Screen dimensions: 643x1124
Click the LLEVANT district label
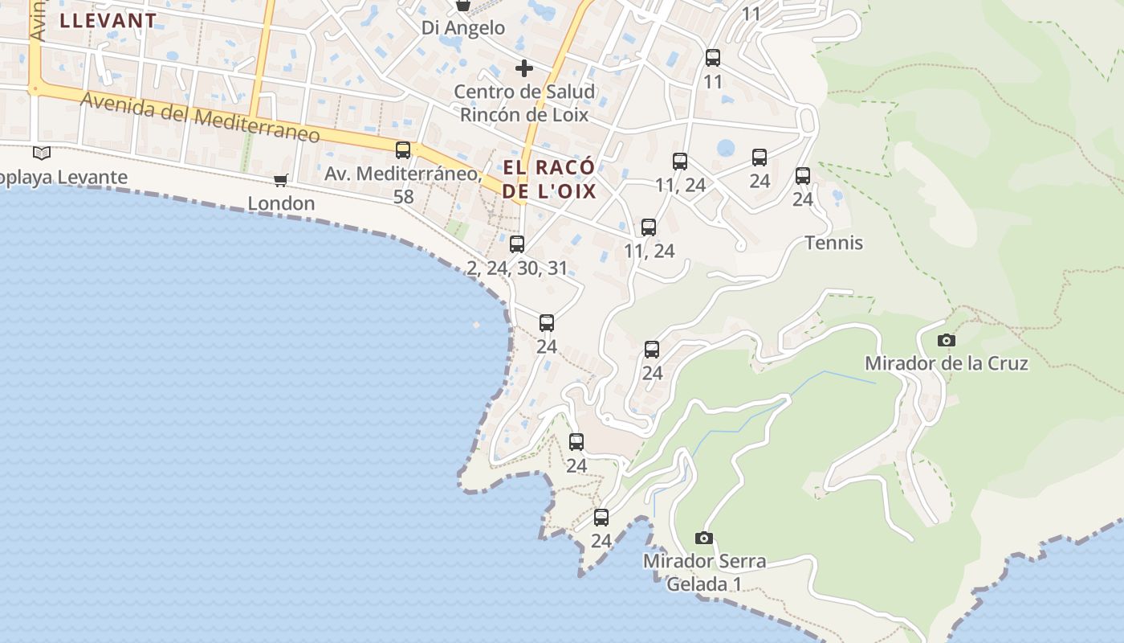(108, 21)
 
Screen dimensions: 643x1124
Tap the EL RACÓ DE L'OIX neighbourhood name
(550, 179)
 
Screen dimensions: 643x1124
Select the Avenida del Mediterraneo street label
(201, 118)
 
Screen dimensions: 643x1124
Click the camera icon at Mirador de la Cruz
(947, 340)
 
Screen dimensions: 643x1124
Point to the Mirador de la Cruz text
(946, 363)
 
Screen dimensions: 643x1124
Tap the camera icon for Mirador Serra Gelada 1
(704, 538)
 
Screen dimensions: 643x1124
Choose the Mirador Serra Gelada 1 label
(704, 572)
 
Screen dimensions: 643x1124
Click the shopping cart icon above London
(280, 180)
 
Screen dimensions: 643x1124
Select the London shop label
(281, 203)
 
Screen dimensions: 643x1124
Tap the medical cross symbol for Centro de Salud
(524, 68)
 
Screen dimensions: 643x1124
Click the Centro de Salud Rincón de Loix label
(524, 103)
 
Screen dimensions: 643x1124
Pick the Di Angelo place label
(463, 28)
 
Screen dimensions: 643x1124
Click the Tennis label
(834, 243)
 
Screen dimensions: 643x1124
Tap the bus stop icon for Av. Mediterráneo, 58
(403, 150)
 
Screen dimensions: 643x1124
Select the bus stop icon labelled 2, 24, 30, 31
(517, 244)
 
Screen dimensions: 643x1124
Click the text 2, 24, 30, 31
(517, 268)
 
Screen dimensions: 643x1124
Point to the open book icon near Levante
(42, 153)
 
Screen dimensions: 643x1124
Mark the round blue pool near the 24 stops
(726, 148)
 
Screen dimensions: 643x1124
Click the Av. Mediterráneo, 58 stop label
(403, 184)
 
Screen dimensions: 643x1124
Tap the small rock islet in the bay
(476, 326)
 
